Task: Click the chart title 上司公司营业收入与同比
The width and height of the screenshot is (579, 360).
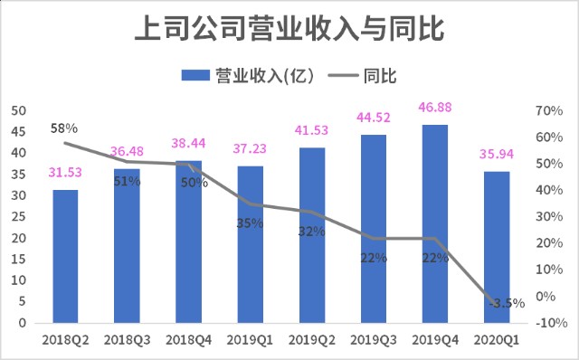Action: (x=289, y=28)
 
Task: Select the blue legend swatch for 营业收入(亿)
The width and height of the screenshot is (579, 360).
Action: (x=195, y=75)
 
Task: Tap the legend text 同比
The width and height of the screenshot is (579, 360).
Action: (x=380, y=76)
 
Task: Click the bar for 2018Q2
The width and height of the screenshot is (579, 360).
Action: (x=65, y=257)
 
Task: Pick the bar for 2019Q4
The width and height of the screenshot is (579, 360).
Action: (x=435, y=224)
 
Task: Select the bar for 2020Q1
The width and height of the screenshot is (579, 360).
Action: (x=497, y=247)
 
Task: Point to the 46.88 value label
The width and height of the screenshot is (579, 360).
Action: (x=435, y=108)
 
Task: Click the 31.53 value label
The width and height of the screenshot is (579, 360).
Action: (x=65, y=173)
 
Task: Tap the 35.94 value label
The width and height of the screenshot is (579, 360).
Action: (x=497, y=154)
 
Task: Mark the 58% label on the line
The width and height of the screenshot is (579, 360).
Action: (x=64, y=128)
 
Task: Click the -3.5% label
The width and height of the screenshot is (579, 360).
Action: (x=507, y=304)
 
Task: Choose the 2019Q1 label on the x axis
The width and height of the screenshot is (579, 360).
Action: (x=250, y=340)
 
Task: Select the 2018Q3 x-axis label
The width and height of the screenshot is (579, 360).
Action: (x=127, y=340)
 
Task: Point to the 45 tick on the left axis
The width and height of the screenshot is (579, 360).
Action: (x=19, y=132)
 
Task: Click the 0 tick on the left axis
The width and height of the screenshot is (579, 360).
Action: (x=23, y=323)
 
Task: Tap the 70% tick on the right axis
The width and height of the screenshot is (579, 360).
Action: (x=549, y=110)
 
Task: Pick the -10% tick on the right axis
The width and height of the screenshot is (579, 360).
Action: (x=551, y=323)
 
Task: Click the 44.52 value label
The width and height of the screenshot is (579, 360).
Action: (x=374, y=118)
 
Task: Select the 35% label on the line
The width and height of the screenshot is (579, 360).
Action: (x=250, y=223)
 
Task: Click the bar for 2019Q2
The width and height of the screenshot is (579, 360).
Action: (x=312, y=235)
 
